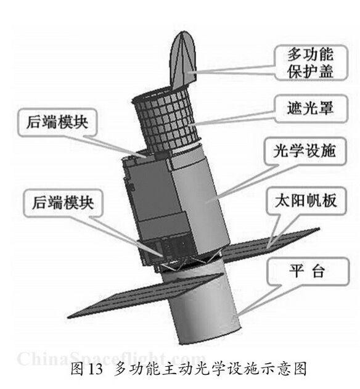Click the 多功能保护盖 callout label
click(x=311, y=62)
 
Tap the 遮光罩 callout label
click(x=311, y=109)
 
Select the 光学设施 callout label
click(x=305, y=151)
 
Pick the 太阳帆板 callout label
click(x=306, y=200)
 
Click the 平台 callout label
click(x=308, y=271)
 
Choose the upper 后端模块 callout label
click(x=57, y=122)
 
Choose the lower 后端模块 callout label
click(x=63, y=203)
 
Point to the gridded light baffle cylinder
click(x=165, y=121)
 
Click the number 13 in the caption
click(x=95, y=369)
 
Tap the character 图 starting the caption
click(x=77, y=369)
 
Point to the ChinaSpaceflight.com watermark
click(x=111, y=359)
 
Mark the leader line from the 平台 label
click(x=261, y=300)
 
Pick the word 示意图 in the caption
click(x=286, y=369)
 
